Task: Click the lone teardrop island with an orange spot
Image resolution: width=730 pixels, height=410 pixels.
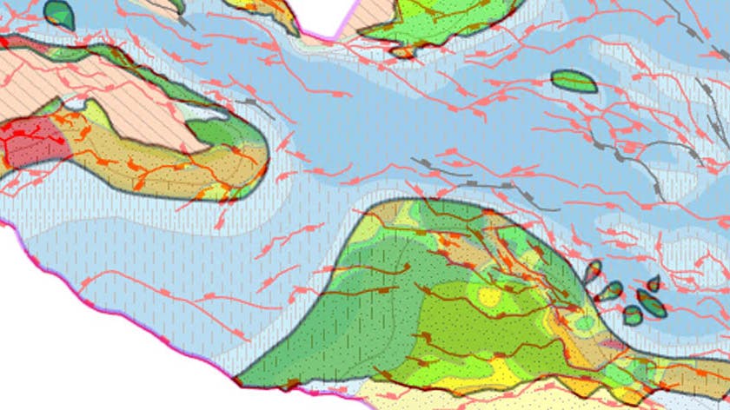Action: (59, 14)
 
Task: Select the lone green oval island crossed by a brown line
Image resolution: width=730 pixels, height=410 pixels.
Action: (574, 82)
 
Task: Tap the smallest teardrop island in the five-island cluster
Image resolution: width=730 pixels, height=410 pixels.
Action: (654, 283)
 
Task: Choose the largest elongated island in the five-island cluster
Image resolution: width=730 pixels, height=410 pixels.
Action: (651, 303)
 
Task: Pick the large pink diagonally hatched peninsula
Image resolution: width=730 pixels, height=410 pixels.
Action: (130, 96)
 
